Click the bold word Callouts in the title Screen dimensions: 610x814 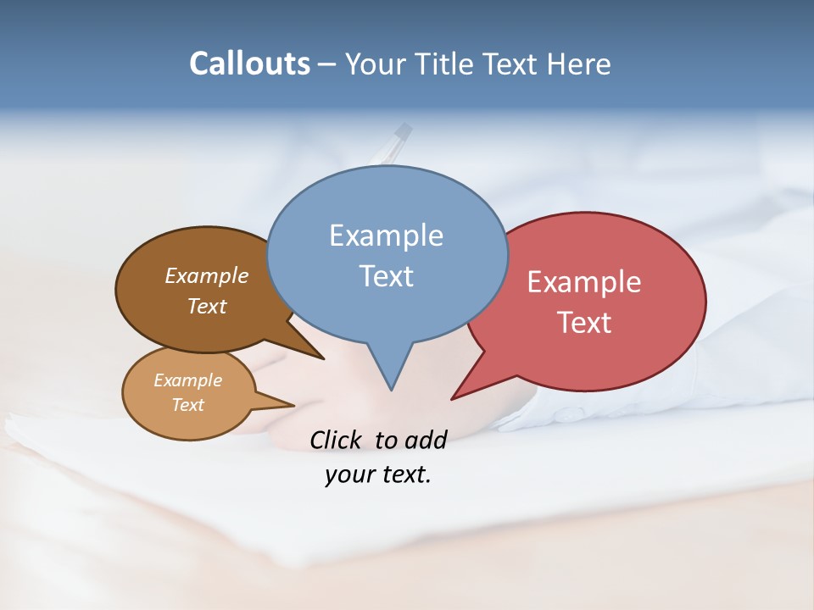tap(249, 64)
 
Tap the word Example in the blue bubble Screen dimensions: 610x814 tap(386, 236)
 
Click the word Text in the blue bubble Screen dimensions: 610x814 tap(386, 276)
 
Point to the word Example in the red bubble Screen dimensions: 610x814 tap(584, 282)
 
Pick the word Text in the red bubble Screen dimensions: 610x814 tap(584, 323)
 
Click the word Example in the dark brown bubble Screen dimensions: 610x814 tap(207, 276)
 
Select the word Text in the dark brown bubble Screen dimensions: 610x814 tap(207, 306)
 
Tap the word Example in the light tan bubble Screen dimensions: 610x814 tap(187, 380)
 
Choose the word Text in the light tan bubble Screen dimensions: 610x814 tap(187, 405)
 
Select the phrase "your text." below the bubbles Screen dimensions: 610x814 tap(378, 475)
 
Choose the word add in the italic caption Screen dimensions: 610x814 tap(426, 440)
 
